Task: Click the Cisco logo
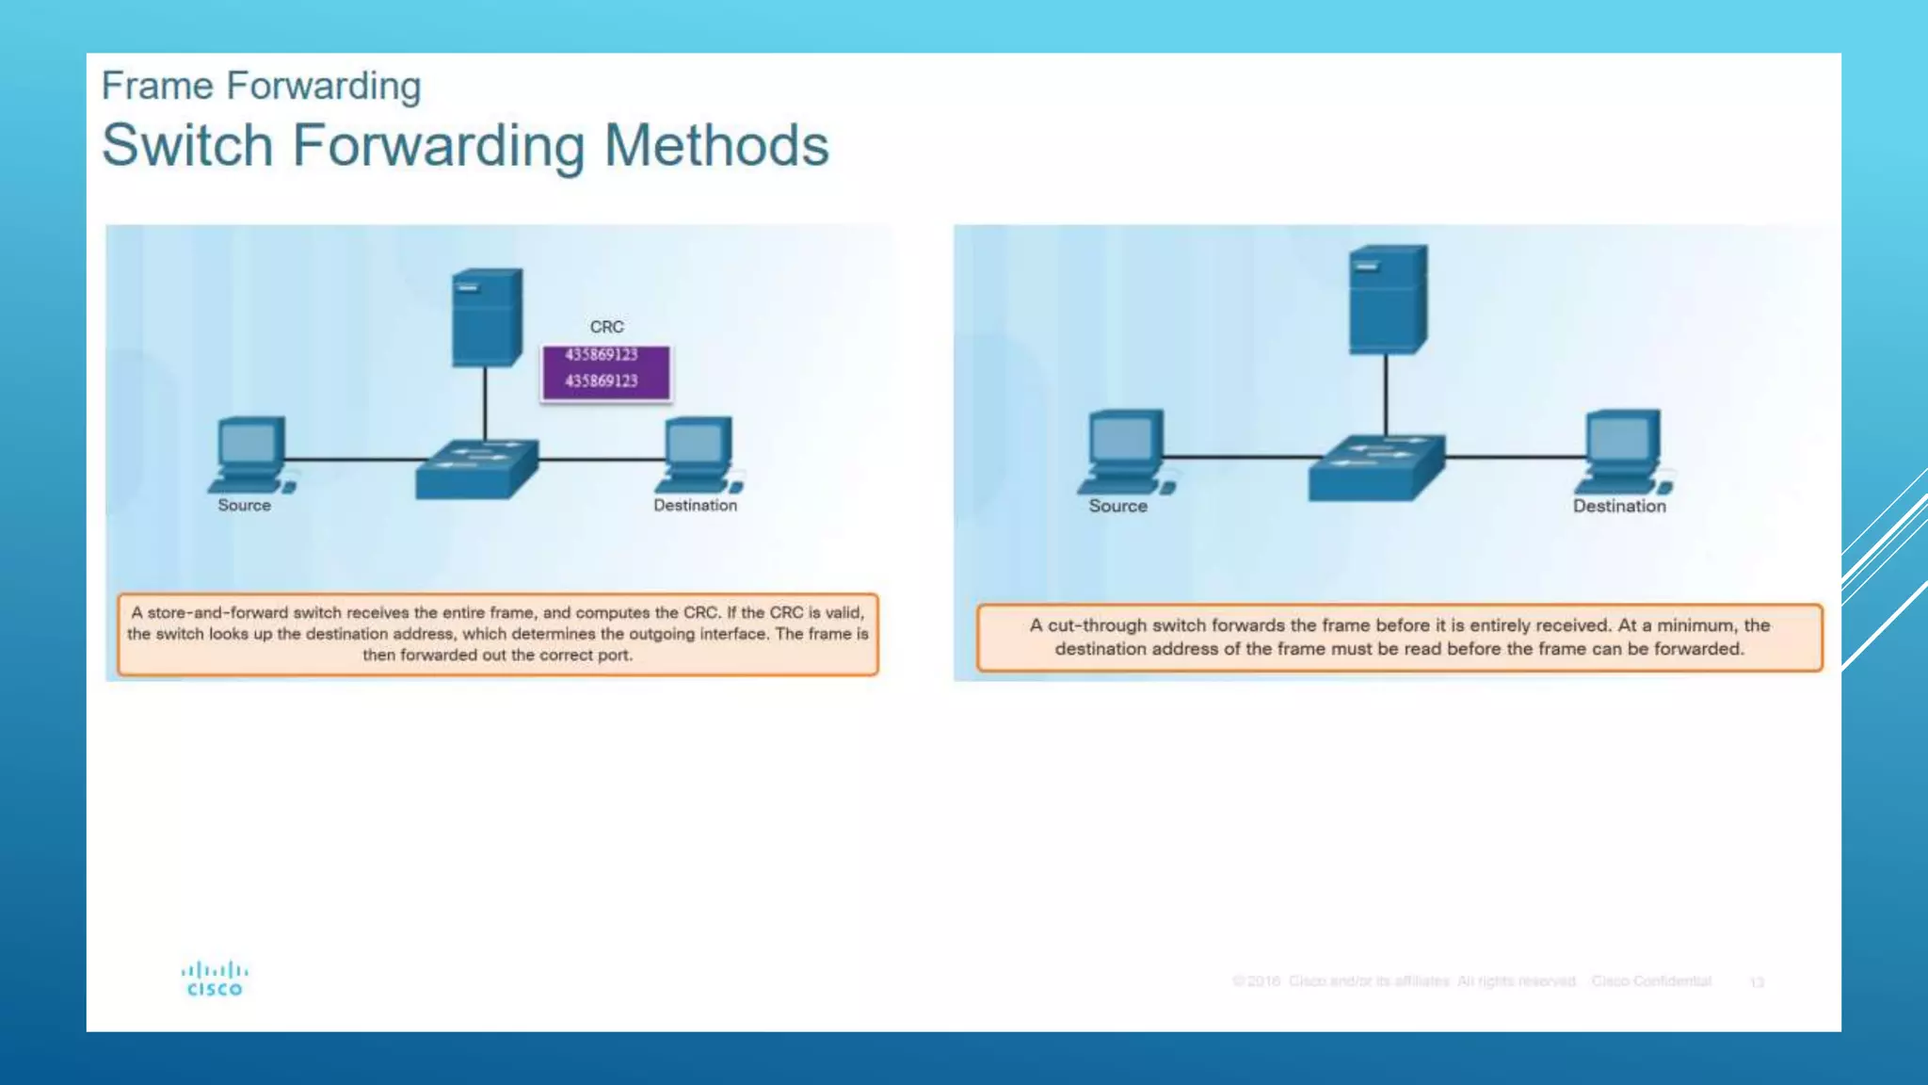tap(215, 979)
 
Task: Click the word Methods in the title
tap(715, 146)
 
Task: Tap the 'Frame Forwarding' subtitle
tap(261, 86)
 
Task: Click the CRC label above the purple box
tap(606, 327)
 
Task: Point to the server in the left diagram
tap(486, 317)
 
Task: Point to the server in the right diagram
tap(1387, 300)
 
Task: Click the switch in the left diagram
tap(477, 468)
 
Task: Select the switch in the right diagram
tap(1375, 467)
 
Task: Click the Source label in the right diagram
tap(1117, 507)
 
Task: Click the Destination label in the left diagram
tap(695, 506)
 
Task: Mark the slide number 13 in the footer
tap(1757, 982)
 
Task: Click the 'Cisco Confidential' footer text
tap(1651, 981)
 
